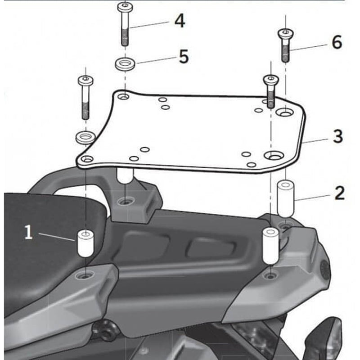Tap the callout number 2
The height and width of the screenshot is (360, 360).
click(339, 193)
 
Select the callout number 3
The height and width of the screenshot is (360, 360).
click(338, 136)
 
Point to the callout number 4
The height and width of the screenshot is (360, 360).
click(180, 21)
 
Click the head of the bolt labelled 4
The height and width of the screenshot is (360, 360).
click(124, 8)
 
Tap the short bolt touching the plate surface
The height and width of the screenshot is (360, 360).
click(271, 90)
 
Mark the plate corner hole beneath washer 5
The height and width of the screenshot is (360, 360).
click(124, 96)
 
